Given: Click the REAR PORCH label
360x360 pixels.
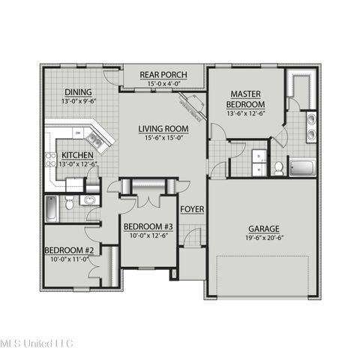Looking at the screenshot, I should tap(163, 74).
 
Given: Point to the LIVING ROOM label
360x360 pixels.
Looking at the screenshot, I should tap(163, 128).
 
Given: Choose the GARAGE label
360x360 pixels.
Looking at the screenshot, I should tap(265, 228).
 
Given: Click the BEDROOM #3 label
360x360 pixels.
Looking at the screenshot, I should tap(148, 226).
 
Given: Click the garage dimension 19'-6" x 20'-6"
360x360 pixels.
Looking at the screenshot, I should tap(265, 237).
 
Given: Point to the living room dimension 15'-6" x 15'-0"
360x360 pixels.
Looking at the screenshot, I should tap(163, 137).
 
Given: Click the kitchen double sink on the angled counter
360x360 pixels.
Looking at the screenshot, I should tap(94, 137).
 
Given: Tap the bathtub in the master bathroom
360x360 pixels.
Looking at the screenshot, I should tap(304, 168).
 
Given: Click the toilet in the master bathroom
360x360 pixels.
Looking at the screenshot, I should tap(278, 168).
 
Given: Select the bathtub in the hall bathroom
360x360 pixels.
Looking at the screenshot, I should tap(51, 208).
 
